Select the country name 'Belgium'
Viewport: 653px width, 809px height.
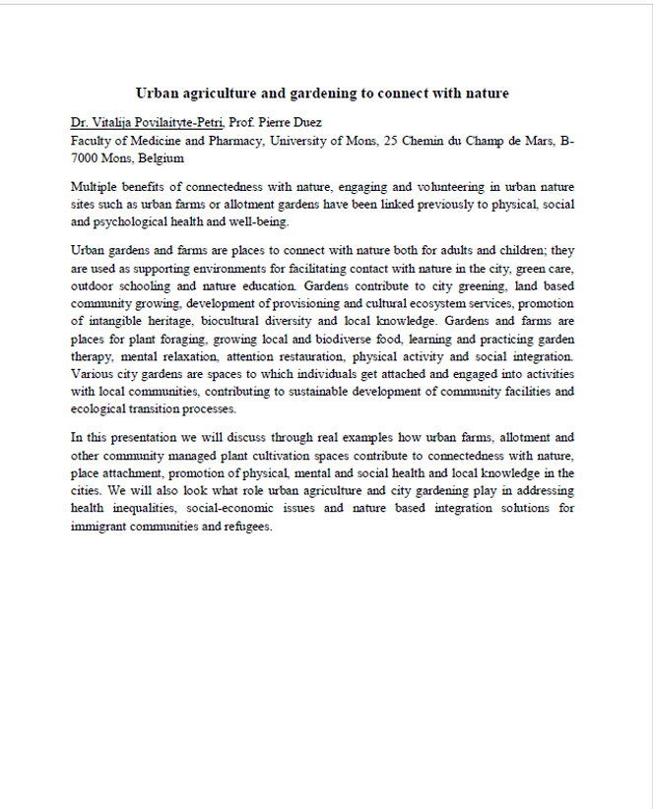[x=161, y=157]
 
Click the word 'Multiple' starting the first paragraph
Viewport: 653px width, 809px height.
[x=95, y=187]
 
